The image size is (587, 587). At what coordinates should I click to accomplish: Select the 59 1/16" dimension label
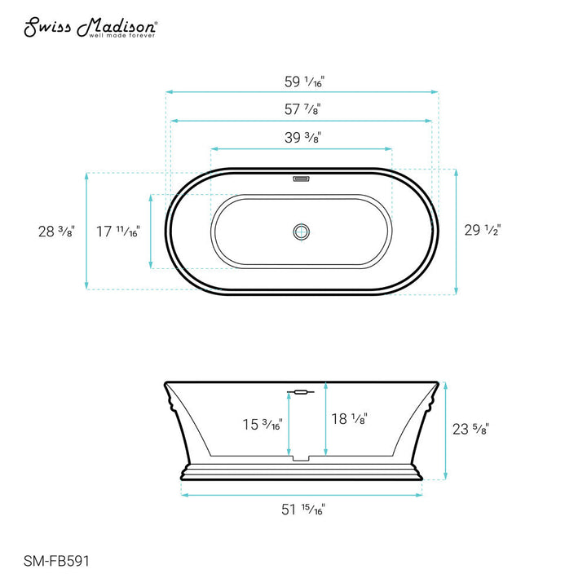click(x=302, y=82)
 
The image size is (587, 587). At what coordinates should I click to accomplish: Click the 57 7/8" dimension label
click(x=302, y=109)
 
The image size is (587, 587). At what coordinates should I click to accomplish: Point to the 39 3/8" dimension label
click(x=302, y=138)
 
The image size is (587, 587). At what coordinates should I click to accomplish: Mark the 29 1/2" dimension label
click(x=482, y=231)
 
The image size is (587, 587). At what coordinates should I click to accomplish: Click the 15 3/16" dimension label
click(x=262, y=424)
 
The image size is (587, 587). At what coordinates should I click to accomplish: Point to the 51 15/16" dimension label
click(x=302, y=510)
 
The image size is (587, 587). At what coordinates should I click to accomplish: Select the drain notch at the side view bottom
click(x=302, y=458)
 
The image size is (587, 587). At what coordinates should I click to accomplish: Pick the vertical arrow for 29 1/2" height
click(x=456, y=232)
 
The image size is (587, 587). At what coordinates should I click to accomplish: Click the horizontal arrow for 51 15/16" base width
click(x=302, y=493)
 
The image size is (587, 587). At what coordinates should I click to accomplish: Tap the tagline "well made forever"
click(x=122, y=36)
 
